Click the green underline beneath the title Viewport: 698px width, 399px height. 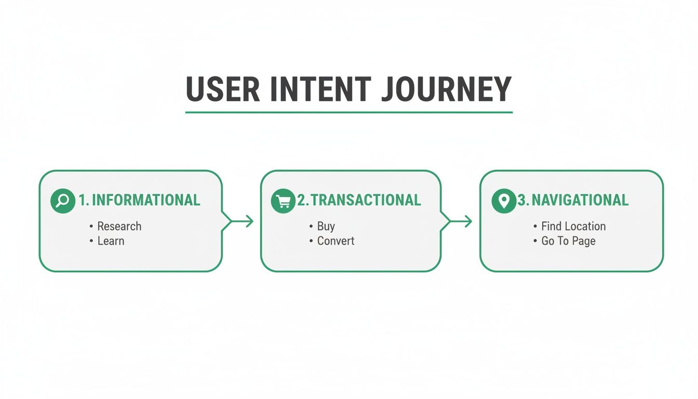(348, 112)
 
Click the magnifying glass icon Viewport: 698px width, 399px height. (63, 201)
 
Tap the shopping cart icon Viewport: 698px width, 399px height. (283, 201)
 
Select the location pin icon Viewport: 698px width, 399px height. (504, 201)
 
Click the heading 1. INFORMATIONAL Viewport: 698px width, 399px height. (139, 200)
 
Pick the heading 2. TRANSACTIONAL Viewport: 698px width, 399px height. (359, 200)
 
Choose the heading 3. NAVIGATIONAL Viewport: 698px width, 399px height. (573, 200)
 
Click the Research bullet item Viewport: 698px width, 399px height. (119, 226)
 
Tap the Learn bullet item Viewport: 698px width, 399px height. (111, 241)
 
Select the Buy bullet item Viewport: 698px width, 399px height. (326, 226)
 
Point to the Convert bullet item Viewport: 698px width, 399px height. (335, 241)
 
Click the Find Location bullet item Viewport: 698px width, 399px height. (573, 226)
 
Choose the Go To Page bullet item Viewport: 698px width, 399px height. (568, 241)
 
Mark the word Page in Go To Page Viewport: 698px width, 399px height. (584, 241)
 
